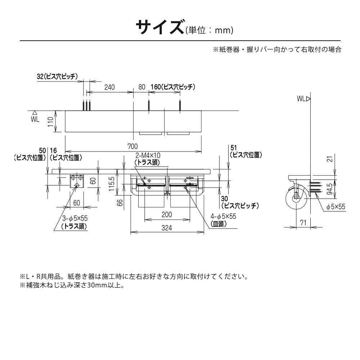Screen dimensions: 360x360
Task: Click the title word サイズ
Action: pyautogui.click(x=160, y=28)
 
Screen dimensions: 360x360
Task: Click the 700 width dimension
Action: pyautogui.click(x=133, y=146)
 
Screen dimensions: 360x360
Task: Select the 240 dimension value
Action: pyautogui.click(x=109, y=87)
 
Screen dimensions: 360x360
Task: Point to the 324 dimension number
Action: pyautogui.click(x=166, y=228)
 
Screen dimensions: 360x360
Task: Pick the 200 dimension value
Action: pyautogui.click(x=166, y=215)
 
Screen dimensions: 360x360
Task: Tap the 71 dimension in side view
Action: pyautogui.click(x=303, y=223)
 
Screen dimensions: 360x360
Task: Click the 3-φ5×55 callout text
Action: pyautogui.click(x=75, y=219)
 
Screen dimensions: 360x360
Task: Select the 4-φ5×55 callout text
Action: pyautogui.click(x=223, y=216)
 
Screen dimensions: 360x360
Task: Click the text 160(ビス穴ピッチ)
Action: pyautogui.click(x=173, y=87)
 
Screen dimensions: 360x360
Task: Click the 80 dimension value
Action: pyautogui.click(x=141, y=87)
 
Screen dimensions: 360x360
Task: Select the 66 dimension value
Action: pyautogui.click(x=121, y=203)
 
